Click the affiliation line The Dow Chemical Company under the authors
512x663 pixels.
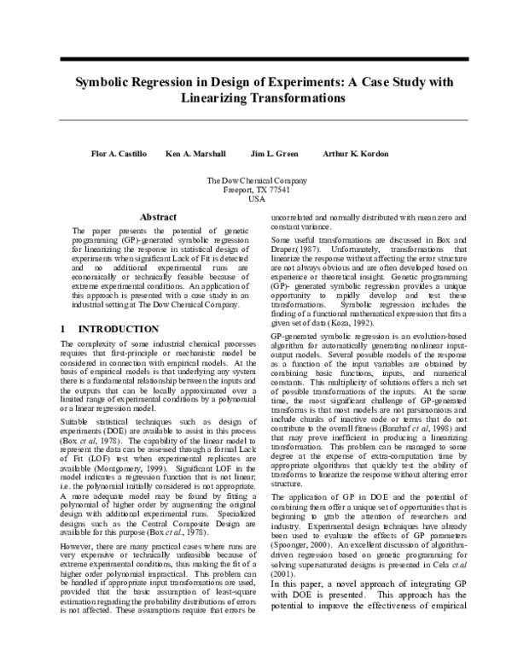[257, 180]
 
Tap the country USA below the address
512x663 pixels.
[257, 198]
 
